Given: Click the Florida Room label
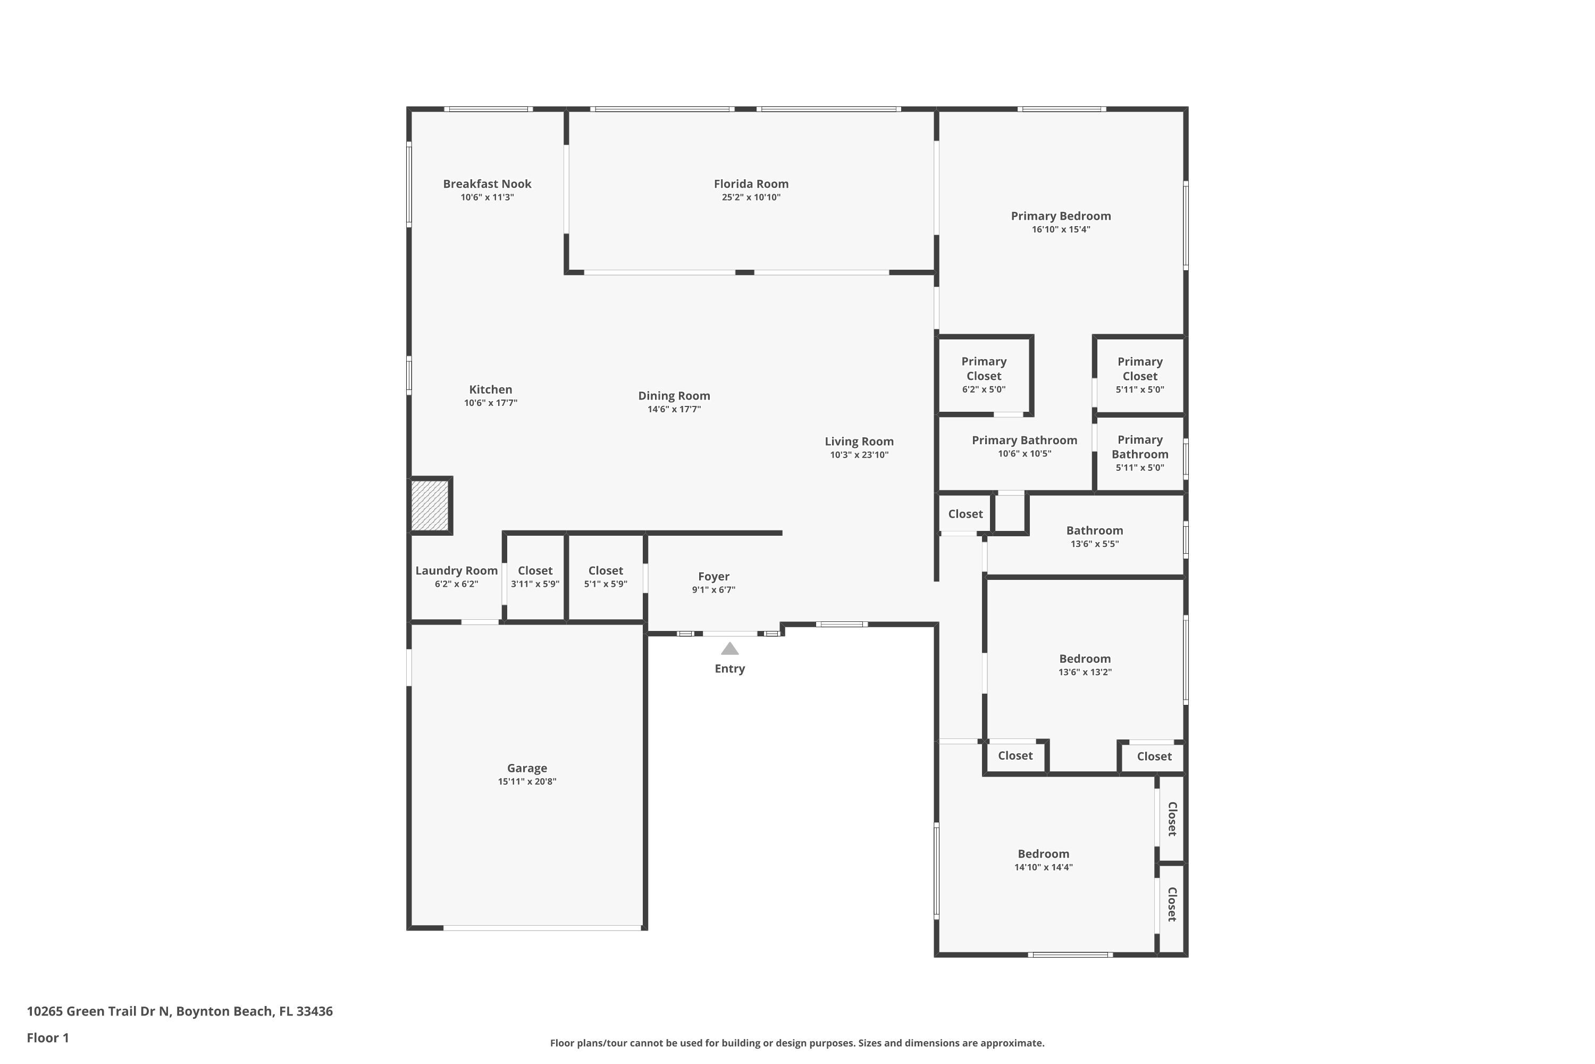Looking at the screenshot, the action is click(x=751, y=184).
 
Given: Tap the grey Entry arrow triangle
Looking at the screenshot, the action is click(x=729, y=649).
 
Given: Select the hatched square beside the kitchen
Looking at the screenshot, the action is click(x=430, y=505).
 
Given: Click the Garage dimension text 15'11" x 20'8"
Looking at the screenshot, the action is click(x=527, y=782).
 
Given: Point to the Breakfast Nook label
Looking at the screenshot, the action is click(x=487, y=184).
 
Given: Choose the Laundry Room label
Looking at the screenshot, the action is click(x=456, y=571).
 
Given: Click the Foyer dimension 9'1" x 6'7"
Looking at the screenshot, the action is click(x=713, y=589).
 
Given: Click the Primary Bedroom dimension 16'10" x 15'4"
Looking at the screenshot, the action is click(x=1061, y=229).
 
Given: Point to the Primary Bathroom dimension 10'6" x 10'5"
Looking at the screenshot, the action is click(x=1024, y=454).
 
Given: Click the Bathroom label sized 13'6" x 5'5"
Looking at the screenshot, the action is click(x=1095, y=530).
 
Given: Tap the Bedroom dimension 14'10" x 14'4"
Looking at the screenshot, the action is click(x=1043, y=867).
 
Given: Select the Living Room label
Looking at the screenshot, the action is click(x=859, y=442).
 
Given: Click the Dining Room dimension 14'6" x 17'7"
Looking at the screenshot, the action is click(x=674, y=409).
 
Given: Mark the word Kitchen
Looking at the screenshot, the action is click(x=490, y=389).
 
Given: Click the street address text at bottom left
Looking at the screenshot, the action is click(x=180, y=1011).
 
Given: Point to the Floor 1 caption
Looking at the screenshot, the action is click(x=47, y=1037).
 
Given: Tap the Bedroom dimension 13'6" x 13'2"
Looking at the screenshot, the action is click(x=1085, y=672).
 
